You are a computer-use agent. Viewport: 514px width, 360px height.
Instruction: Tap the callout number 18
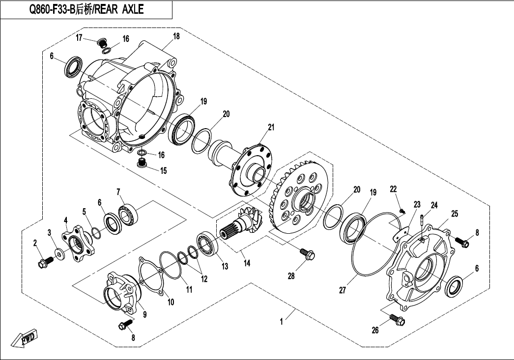[x=176, y=36]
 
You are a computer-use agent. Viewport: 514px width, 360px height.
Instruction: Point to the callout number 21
[x=271, y=128]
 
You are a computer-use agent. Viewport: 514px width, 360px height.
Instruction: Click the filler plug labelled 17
[x=102, y=43]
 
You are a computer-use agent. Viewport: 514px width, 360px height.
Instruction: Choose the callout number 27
[x=342, y=290]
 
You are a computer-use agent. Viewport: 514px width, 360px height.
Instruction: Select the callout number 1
[x=281, y=322]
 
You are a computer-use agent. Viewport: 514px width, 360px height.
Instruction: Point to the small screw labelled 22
[x=402, y=210]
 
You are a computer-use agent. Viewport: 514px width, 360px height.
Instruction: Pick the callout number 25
[x=454, y=213]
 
